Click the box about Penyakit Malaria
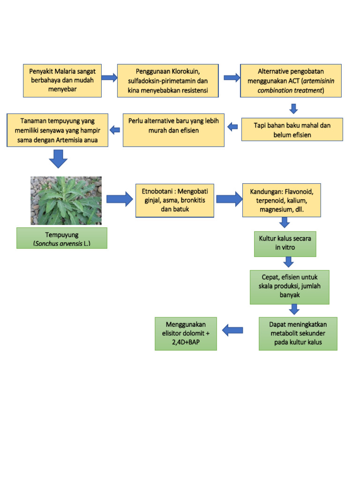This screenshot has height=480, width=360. click(62, 80)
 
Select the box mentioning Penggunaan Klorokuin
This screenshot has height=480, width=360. click(168, 80)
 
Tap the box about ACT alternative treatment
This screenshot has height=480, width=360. click(291, 80)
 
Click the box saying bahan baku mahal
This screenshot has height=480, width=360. click(292, 129)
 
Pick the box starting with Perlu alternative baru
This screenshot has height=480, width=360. click(173, 130)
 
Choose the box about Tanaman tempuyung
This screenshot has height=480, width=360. click(58, 130)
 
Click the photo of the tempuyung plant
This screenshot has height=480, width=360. click(66, 200)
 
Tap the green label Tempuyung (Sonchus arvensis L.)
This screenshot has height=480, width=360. click(62, 238)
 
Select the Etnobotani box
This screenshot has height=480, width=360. click(174, 200)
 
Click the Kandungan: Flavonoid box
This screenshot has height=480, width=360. click(281, 200)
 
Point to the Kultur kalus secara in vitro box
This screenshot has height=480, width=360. click(285, 243)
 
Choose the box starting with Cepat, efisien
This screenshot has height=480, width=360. click(289, 286)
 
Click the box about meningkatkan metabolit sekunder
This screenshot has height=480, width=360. click(298, 333)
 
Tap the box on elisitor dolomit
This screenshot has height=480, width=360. click(186, 333)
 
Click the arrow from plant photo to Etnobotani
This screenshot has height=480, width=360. click(120, 199)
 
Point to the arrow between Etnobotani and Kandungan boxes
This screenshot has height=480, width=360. click(228, 199)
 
